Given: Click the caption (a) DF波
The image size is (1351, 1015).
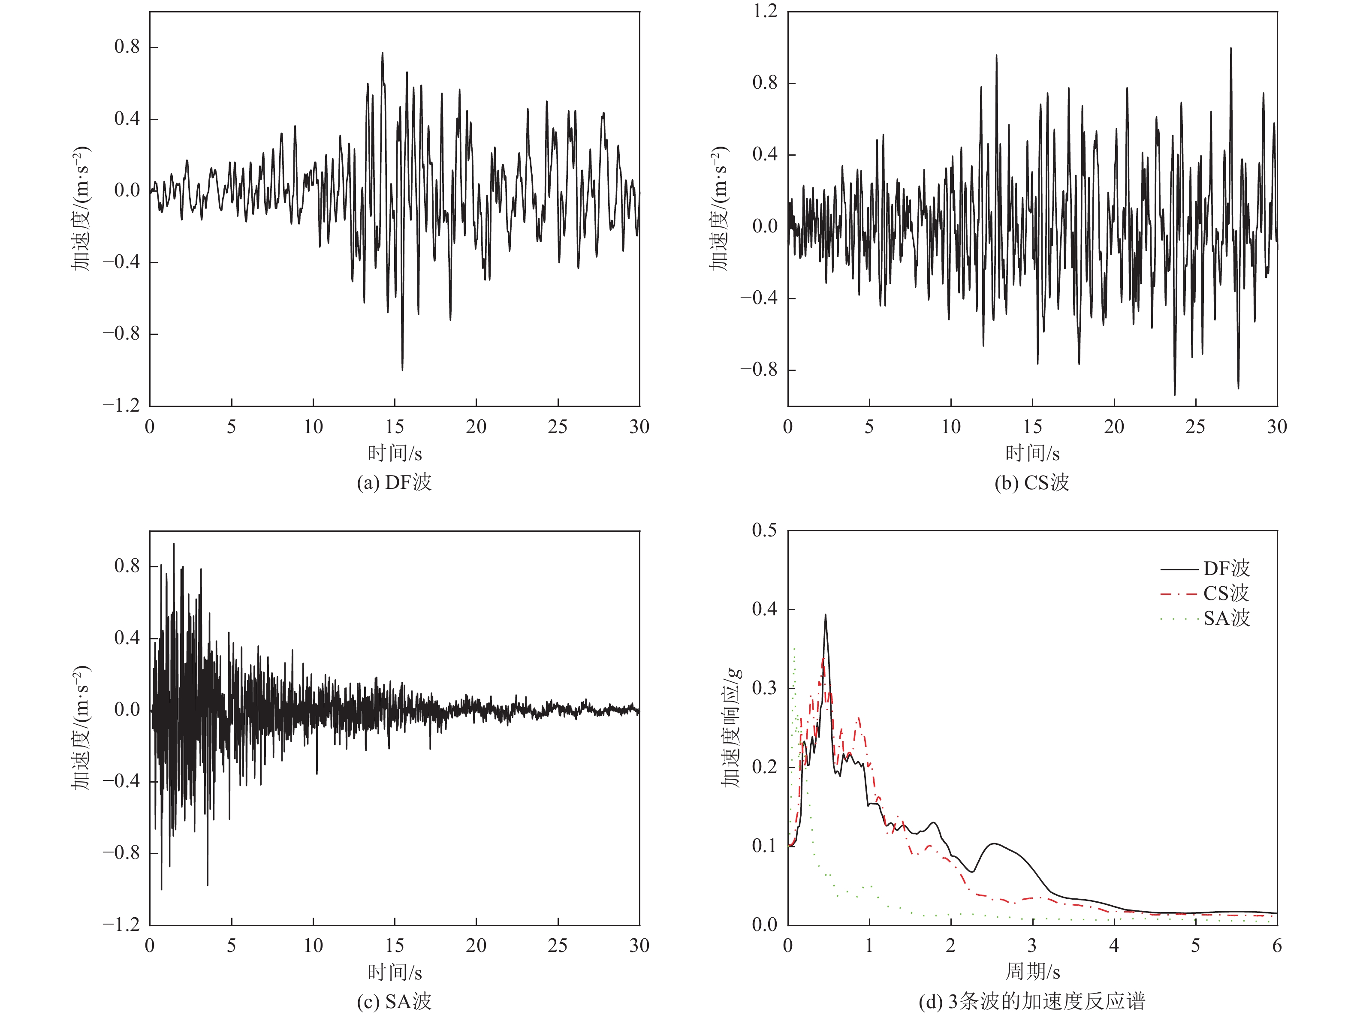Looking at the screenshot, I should tap(394, 482).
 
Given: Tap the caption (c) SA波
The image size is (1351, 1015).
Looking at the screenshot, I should tap(394, 1002).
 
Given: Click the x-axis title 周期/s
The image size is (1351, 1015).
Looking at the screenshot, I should tap(1032, 971).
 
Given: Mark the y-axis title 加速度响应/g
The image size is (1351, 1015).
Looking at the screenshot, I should tap(731, 727).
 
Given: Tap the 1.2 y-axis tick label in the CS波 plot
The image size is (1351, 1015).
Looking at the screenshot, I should tap(765, 11).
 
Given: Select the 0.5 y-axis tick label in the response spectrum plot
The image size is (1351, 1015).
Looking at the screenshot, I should tap(765, 530).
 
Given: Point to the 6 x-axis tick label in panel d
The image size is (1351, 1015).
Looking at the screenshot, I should tap(1276, 946).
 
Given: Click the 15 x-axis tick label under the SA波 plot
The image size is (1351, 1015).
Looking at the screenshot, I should tap(395, 946).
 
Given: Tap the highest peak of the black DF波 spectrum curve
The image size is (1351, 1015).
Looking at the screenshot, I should tap(825, 615).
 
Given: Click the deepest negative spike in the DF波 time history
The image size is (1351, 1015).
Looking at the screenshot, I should tap(402, 369).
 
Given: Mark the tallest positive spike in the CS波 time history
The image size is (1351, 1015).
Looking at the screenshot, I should tap(1230, 48).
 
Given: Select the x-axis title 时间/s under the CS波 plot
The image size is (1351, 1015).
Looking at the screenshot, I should tap(1032, 453).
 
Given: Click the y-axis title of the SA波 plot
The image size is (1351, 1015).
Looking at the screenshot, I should tap(81, 727).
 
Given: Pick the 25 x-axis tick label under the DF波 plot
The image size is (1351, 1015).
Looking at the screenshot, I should tap(558, 426).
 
